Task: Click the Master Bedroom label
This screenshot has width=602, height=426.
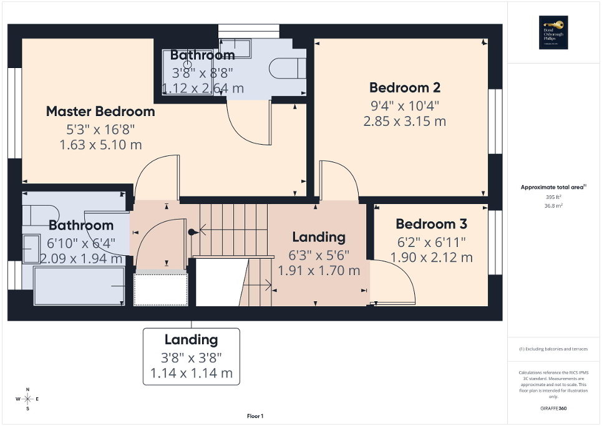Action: (100, 112)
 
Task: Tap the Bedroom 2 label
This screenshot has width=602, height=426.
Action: (405, 87)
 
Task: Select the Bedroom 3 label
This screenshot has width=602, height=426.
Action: (431, 224)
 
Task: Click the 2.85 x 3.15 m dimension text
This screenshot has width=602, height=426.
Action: (405, 121)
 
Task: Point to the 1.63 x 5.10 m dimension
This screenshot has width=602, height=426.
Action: (100, 145)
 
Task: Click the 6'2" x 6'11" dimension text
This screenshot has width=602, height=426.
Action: (431, 241)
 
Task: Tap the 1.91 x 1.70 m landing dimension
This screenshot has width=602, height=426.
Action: (319, 271)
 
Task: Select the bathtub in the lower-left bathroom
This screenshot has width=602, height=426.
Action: (79, 286)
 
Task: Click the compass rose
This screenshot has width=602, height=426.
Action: (27, 399)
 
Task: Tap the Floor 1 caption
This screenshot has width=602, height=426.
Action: (255, 416)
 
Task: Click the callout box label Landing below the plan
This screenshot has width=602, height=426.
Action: (192, 340)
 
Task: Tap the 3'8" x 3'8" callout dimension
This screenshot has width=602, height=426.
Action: (192, 357)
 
